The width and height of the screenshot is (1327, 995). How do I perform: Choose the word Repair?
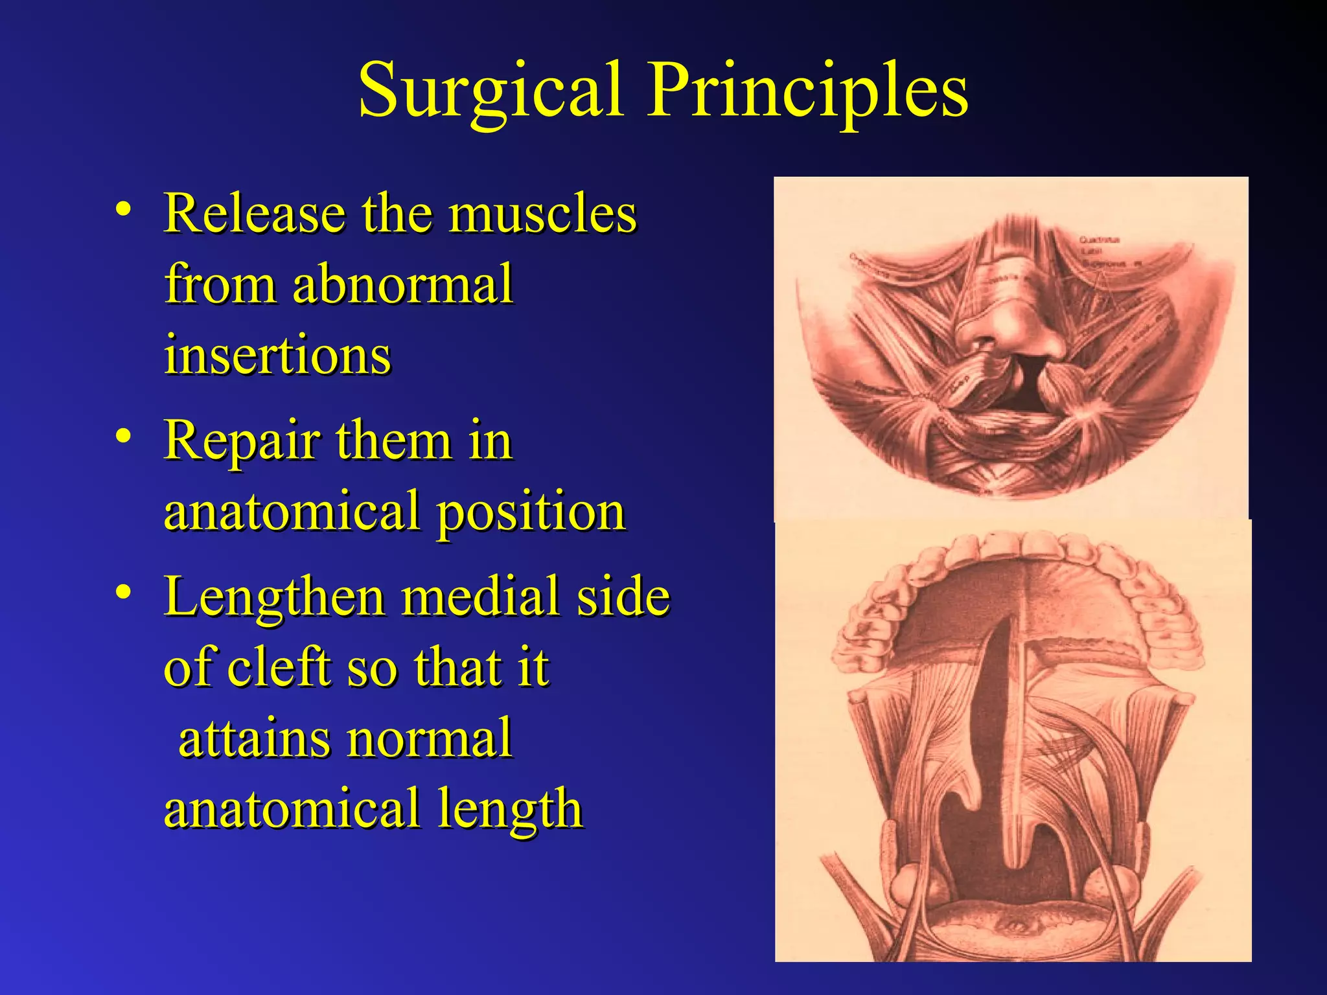(x=242, y=440)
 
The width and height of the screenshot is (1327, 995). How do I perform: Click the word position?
(x=531, y=512)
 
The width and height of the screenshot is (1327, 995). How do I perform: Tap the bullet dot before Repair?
(x=124, y=436)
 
